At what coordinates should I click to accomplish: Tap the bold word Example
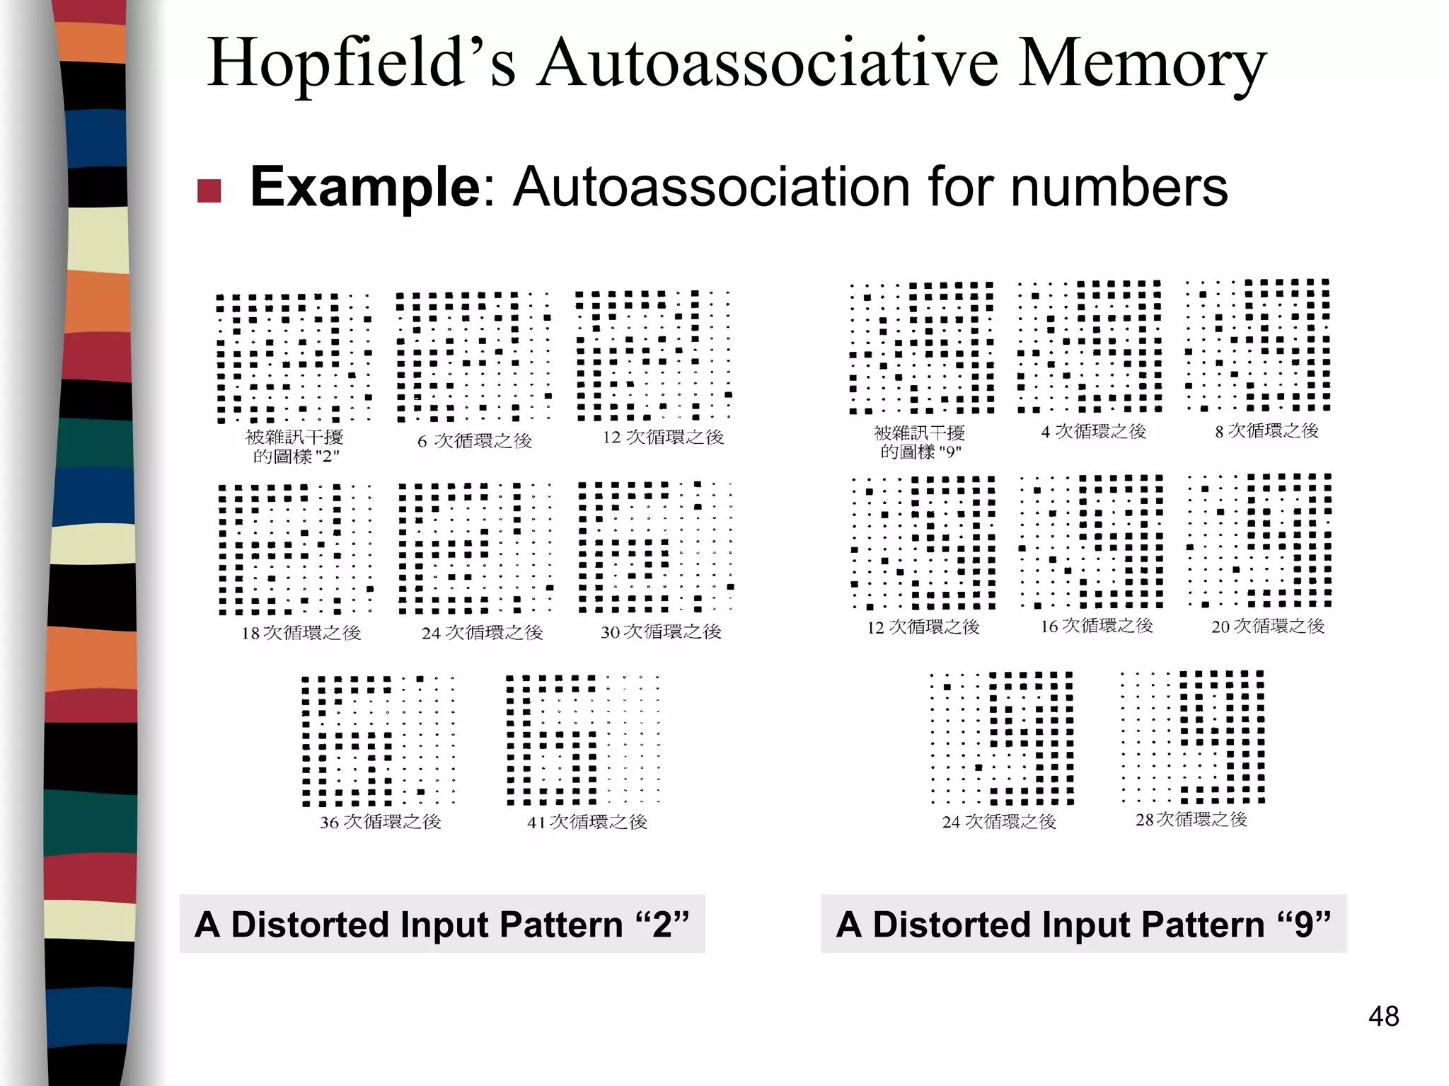pos(365,187)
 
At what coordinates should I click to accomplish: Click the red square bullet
pos(209,190)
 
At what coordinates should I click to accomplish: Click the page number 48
pos(1383,1016)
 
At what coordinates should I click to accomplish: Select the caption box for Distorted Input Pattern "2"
pos(442,924)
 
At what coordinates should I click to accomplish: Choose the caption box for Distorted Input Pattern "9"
pos(1084,924)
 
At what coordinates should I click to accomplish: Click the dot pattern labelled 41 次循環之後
pos(583,740)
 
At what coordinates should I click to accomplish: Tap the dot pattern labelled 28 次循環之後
pos(1193,736)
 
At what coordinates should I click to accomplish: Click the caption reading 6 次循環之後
pos(475,440)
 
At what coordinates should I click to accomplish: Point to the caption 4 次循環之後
pos(1093,431)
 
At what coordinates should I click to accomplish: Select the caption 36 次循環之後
pos(381,821)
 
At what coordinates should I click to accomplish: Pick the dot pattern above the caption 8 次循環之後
pos(1258,345)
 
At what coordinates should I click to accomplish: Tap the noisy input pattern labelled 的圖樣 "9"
pos(922,347)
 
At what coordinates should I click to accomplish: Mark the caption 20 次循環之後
pos(1267,626)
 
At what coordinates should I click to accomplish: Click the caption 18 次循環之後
pos(301,632)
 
